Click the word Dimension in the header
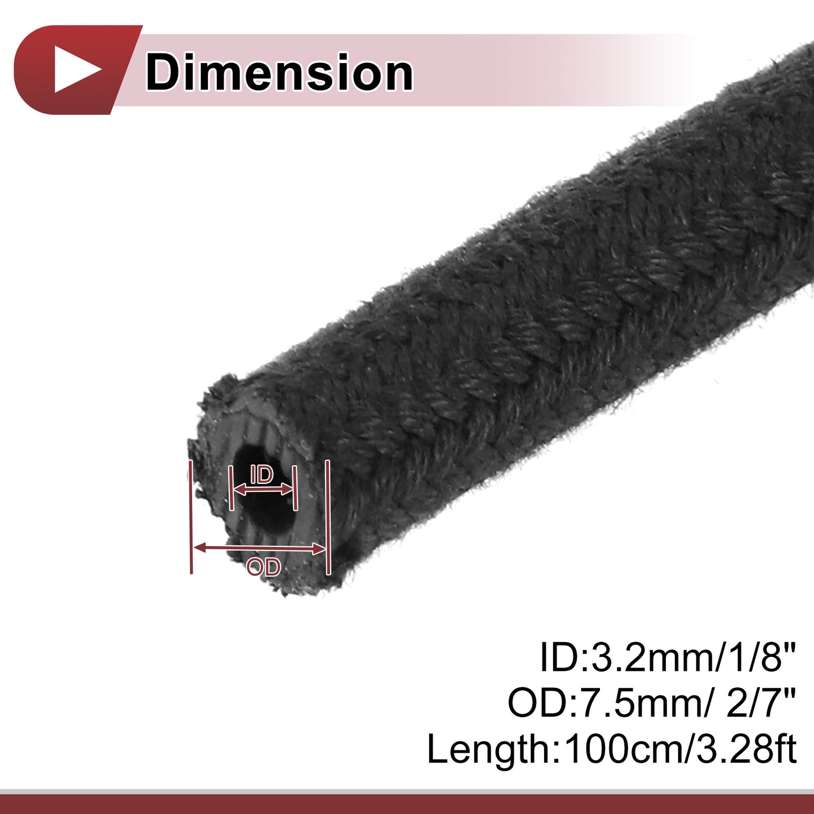tap(279, 72)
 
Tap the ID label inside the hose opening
tap(262, 475)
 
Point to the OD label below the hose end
tap(264, 567)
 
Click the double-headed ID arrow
tap(263, 490)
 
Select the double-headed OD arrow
tap(259, 548)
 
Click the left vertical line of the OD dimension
tap(191, 517)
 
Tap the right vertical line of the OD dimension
tap(328, 518)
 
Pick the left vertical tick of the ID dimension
tap(231, 488)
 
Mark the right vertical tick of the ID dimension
tap(295, 488)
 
